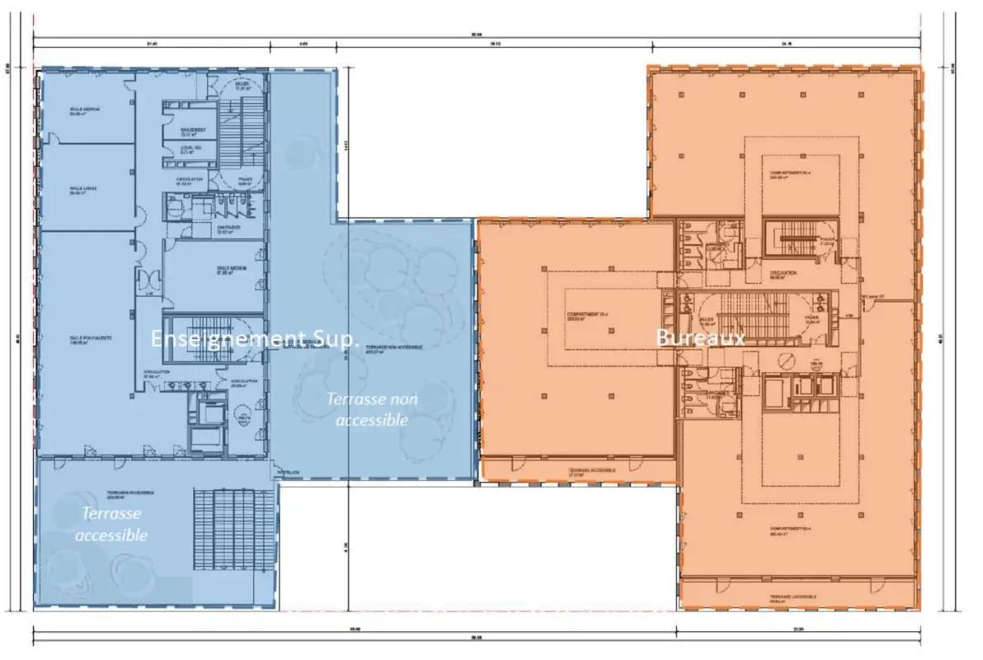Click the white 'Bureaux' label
(x=700, y=337)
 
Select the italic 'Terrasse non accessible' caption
(x=372, y=409)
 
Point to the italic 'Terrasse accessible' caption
(x=111, y=524)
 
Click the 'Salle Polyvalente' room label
(x=91, y=340)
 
